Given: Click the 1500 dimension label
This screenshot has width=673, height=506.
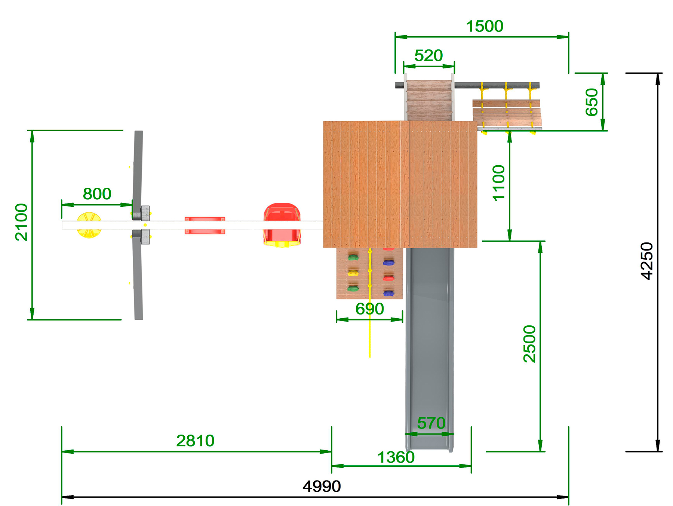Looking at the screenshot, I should pyautogui.click(x=485, y=27).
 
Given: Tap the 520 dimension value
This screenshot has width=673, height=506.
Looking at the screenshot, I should pyautogui.click(x=428, y=56).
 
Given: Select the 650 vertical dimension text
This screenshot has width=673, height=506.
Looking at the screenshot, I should pyautogui.click(x=591, y=102).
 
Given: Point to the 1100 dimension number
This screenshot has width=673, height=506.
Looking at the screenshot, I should pyautogui.click(x=499, y=183).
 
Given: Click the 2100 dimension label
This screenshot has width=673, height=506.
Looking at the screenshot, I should pyautogui.click(x=21, y=222).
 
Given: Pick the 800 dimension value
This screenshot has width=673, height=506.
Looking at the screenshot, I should pyautogui.click(x=97, y=194).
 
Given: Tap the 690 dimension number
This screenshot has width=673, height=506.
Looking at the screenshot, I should pyautogui.click(x=369, y=309).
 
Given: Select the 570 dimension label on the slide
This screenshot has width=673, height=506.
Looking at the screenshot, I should pyautogui.click(x=431, y=423).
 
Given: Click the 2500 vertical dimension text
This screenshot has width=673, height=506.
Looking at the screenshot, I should pyautogui.click(x=529, y=344).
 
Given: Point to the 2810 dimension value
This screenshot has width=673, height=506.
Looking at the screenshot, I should pyautogui.click(x=195, y=441).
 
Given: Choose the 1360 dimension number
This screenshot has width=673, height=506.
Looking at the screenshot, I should pyautogui.click(x=396, y=457).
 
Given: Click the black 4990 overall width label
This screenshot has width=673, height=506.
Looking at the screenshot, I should pyautogui.click(x=322, y=486).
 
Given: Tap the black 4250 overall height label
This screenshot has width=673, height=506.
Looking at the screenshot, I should pyautogui.click(x=646, y=261).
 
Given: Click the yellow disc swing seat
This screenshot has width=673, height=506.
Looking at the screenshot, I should pyautogui.click(x=89, y=225).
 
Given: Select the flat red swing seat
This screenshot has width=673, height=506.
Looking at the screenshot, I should pyautogui.click(x=205, y=225).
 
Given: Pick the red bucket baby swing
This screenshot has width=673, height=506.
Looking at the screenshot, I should pyautogui.click(x=282, y=224).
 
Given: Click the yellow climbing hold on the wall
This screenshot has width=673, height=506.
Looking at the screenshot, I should pyautogui.click(x=353, y=273).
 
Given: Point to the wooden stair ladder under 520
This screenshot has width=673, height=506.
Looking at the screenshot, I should pyautogui.click(x=429, y=100).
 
